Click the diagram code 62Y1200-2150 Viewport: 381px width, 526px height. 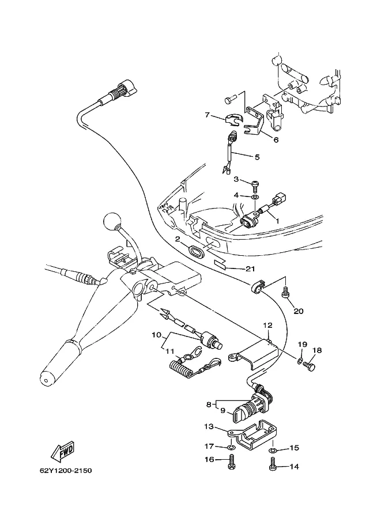(x=66, y=471)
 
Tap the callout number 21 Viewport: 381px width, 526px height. (x=250, y=268)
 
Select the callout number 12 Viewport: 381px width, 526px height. (x=268, y=325)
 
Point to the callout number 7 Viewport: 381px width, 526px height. (x=207, y=115)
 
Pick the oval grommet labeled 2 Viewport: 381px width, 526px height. (x=197, y=251)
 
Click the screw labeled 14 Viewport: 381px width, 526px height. (x=273, y=464)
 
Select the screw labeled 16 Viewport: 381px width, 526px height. (x=232, y=461)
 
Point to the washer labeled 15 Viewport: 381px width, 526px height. (x=272, y=450)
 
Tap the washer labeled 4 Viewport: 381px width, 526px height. (x=255, y=196)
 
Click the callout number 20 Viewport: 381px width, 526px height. (x=299, y=311)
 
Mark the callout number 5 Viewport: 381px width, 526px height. (x=257, y=157)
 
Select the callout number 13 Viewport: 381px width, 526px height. (x=209, y=426)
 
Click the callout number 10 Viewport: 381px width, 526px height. (x=157, y=335)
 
